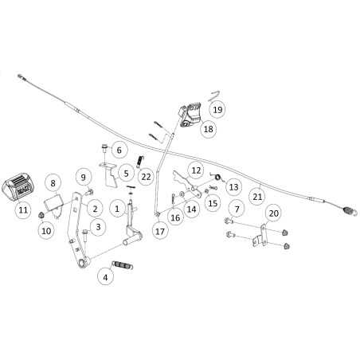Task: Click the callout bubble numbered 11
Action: tap(23, 209)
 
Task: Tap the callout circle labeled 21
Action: tap(257, 197)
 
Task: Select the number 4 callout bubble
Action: tap(105, 277)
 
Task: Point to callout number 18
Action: tap(209, 129)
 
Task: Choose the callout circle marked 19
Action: tap(217, 109)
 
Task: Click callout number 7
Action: tap(237, 209)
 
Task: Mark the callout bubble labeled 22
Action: tap(146, 177)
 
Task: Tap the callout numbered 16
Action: tap(175, 217)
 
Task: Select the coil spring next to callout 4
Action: tap(123, 265)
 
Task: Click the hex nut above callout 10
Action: tap(41, 215)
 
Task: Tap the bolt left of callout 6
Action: tap(104, 147)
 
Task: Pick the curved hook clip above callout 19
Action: tap(214, 96)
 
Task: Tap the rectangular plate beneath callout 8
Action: tap(54, 204)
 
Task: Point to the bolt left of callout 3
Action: tap(85, 236)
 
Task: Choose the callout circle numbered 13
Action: tap(233, 187)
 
